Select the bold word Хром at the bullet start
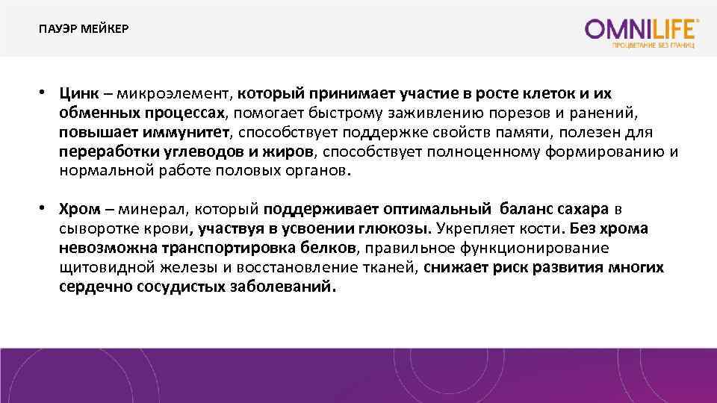[x=79, y=208]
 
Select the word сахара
[x=576, y=208]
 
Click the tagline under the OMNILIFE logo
[x=654, y=46]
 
